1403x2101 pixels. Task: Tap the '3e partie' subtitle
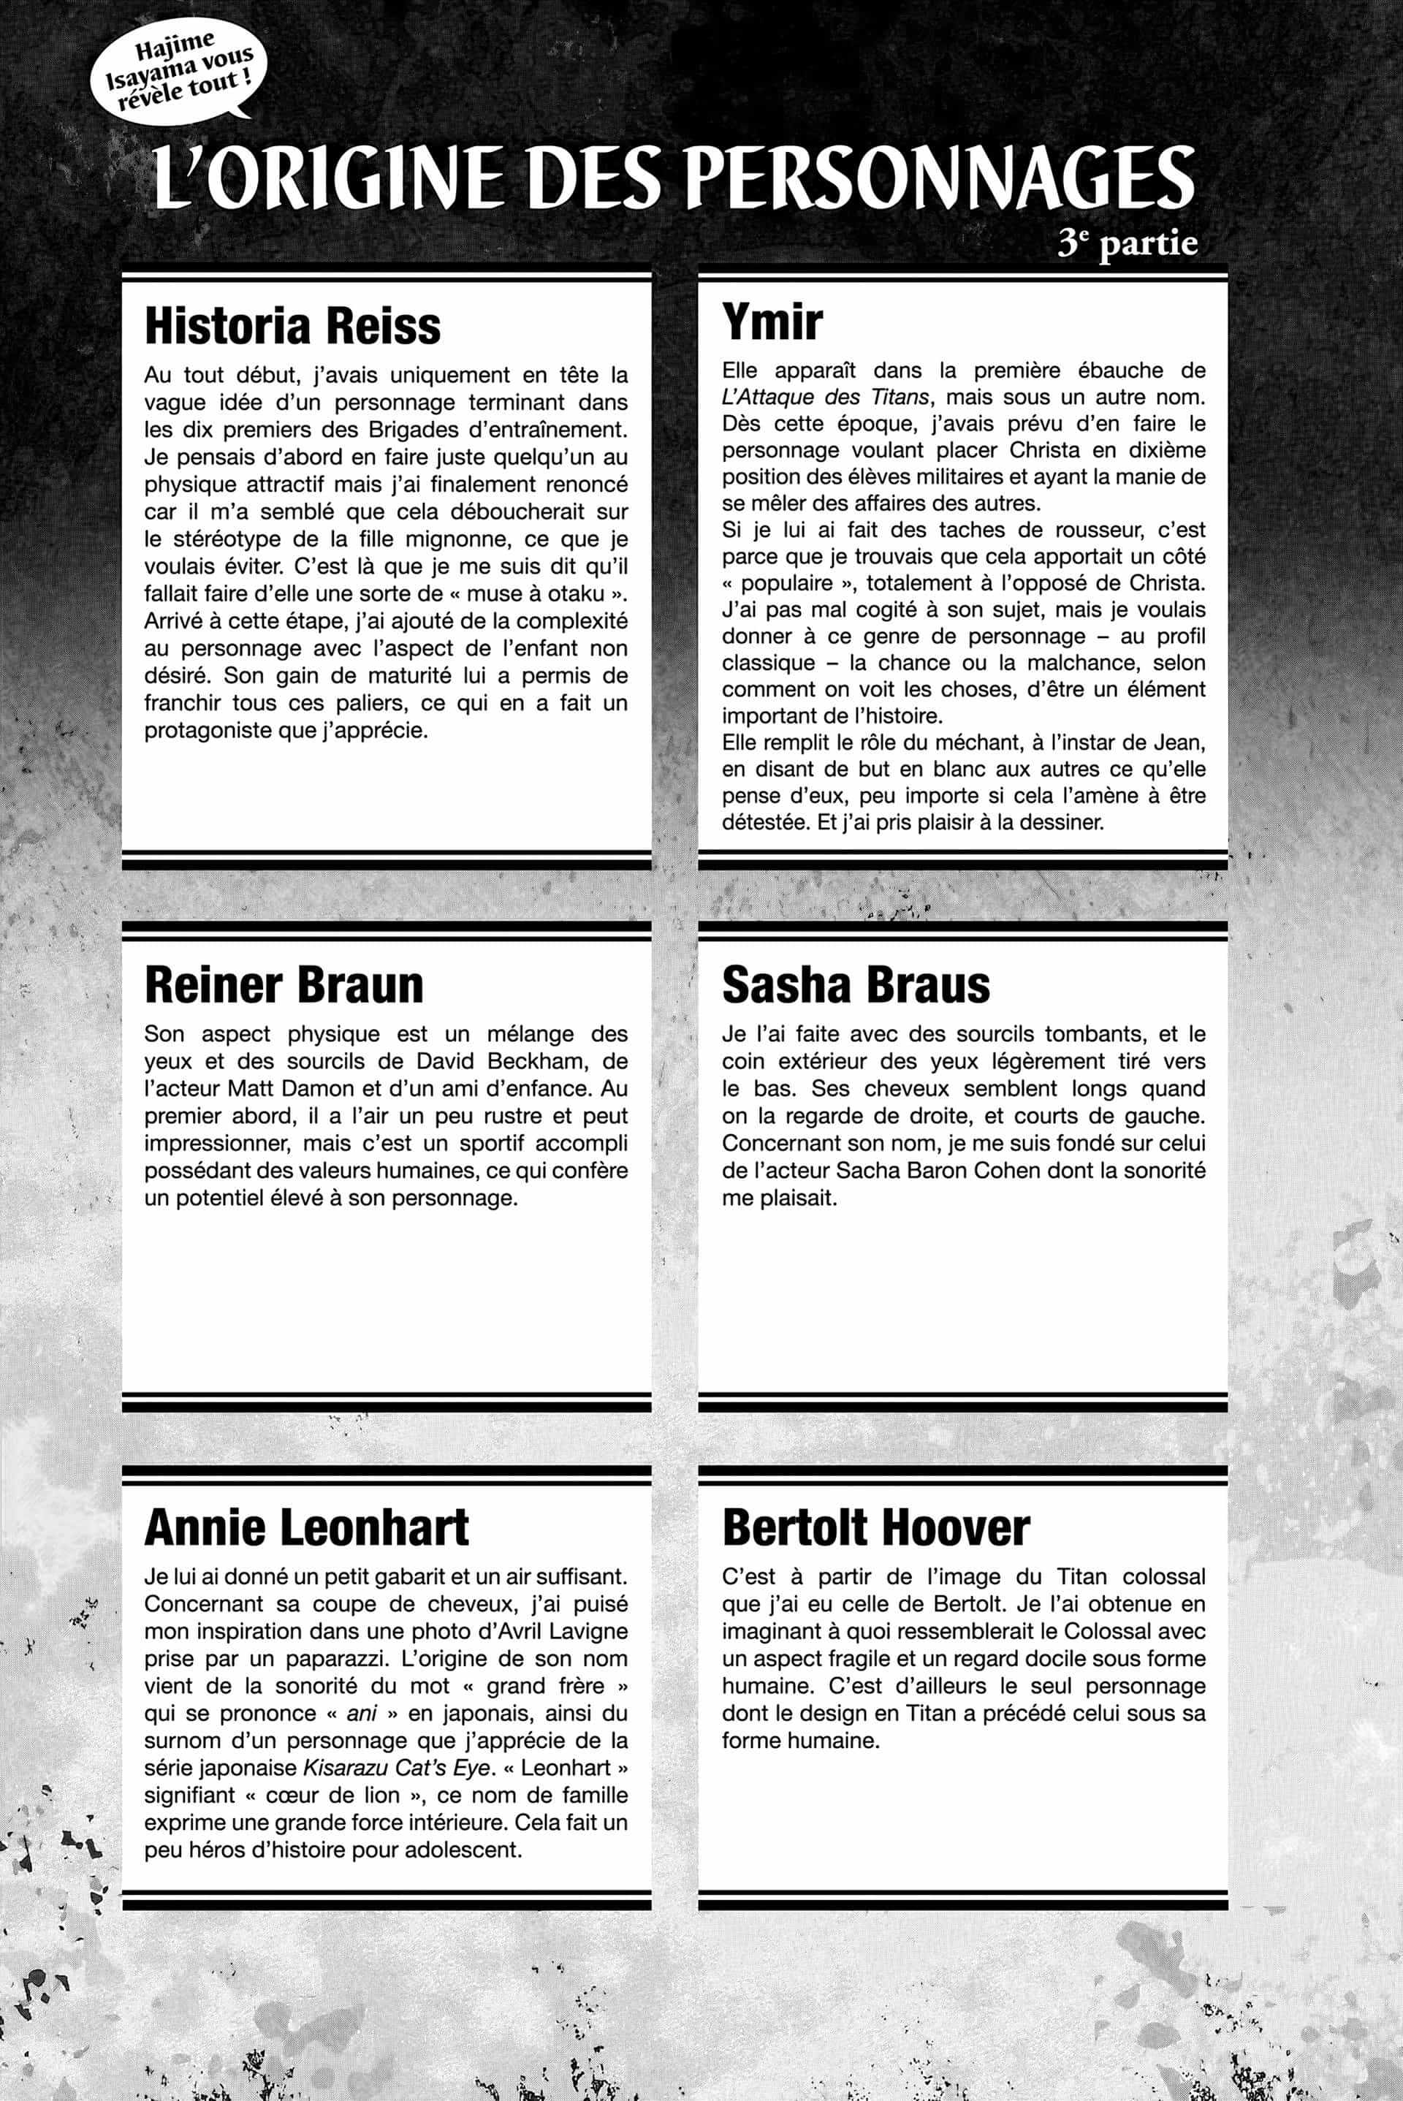[1127, 243]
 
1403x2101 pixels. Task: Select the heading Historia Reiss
[292, 326]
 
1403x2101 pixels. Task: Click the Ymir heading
[772, 322]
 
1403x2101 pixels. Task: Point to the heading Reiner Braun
[284, 985]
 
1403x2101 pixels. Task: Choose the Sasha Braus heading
[856, 985]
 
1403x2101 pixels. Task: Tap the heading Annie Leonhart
[306, 1527]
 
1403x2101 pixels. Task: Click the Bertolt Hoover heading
[875, 1527]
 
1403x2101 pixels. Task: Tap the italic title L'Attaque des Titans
[826, 396]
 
